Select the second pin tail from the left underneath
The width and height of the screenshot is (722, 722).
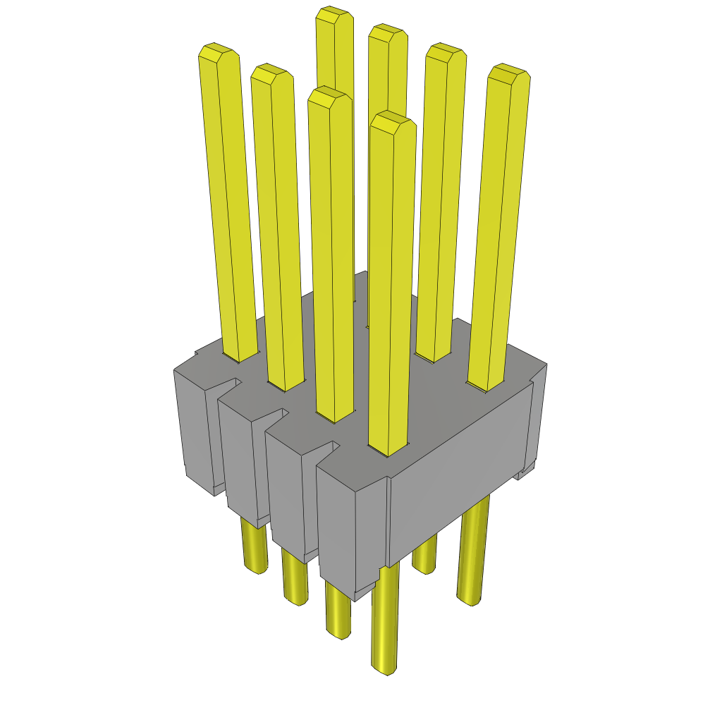tap(295, 578)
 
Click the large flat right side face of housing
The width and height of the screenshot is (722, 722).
tap(458, 479)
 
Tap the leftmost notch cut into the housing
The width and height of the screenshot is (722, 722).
tap(229, 384)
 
